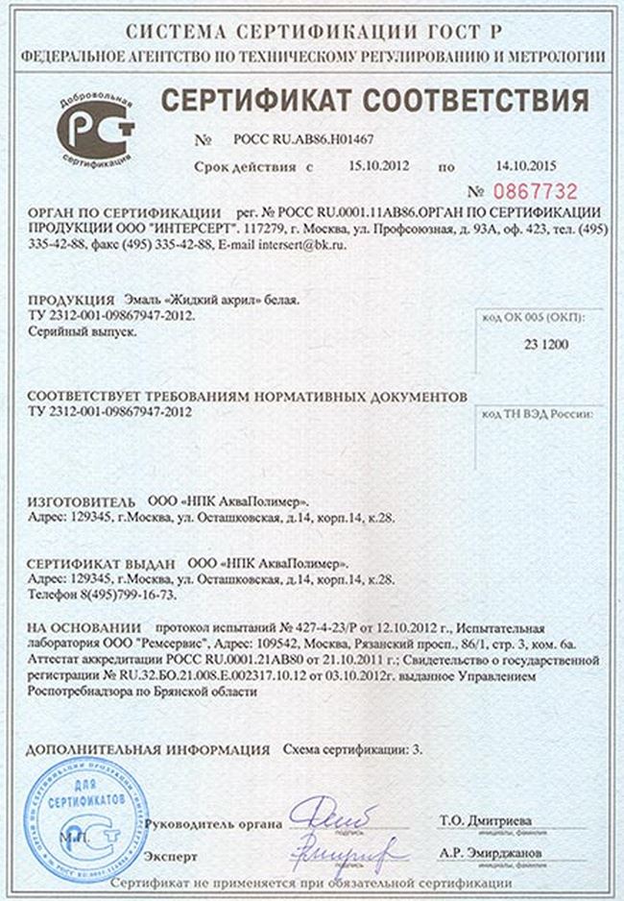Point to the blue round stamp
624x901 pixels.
click(x=84, y=814)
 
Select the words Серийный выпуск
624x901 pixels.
click(x=83, y=330)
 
